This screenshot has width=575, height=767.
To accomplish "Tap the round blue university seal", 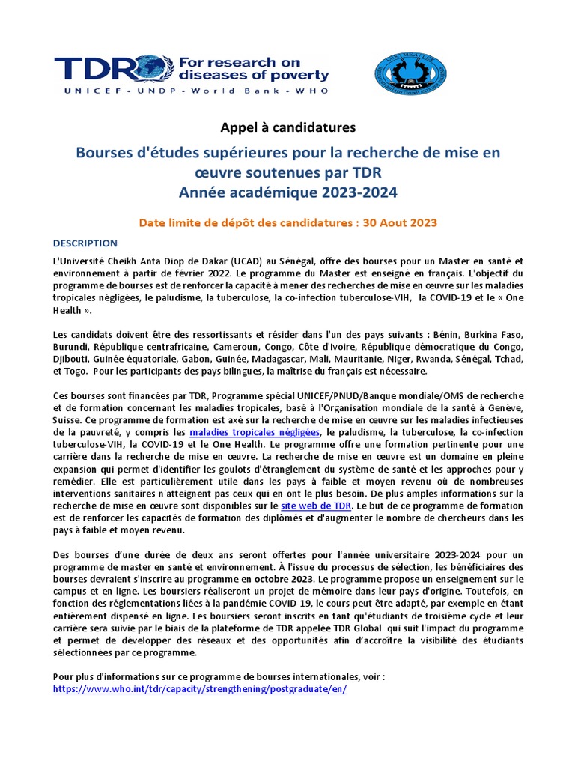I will click(x=410, y=73).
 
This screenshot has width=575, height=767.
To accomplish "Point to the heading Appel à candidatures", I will click(x=287, y=128).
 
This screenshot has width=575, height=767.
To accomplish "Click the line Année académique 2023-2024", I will click(x=287, y=192).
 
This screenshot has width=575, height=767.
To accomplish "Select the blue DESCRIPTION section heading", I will click(x=85, y=243).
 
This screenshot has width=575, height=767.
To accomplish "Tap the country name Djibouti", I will click(x=73, y=358).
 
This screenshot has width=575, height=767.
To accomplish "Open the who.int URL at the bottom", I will click(x=200, y=689).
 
